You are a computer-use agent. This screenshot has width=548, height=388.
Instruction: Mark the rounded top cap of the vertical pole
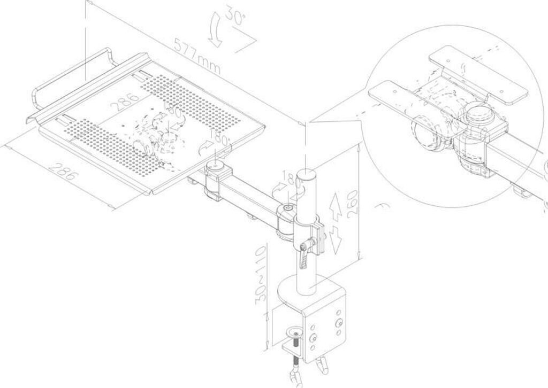coord(306,174)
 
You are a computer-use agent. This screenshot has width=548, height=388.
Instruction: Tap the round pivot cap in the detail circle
coord(478,115)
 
